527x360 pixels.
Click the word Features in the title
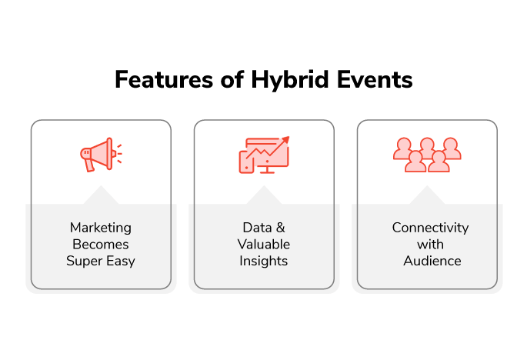164,80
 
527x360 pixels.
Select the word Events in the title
375,80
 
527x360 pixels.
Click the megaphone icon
101,155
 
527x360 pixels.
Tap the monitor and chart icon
264,155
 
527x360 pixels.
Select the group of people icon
427,155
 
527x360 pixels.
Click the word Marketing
101,228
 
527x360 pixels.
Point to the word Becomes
101,245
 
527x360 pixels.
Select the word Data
257,228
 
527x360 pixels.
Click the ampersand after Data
281,228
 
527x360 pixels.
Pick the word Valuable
263,245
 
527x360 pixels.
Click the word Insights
263,262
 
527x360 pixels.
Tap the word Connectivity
430,228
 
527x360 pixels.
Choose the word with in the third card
430,245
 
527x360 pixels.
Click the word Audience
432,261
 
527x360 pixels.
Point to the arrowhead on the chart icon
285,139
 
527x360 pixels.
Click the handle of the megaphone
89,165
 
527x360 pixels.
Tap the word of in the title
232,80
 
